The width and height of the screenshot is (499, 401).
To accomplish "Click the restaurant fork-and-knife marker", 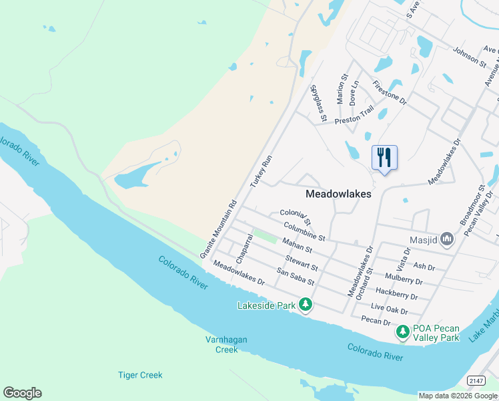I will tap(384, 158).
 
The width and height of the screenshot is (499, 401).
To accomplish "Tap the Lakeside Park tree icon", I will tap(306, 305).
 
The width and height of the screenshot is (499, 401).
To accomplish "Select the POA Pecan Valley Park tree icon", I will tap(403, 331).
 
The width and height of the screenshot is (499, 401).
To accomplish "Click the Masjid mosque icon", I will tap(447, 239).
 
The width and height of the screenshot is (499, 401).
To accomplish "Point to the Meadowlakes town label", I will tap(338, 193).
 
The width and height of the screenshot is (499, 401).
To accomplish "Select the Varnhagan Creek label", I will tap(226, 344).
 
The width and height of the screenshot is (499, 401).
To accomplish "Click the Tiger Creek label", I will tap(140, 375).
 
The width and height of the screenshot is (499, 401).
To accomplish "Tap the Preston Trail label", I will tap(354, 116).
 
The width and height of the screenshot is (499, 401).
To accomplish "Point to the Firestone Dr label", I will tap(390, 92).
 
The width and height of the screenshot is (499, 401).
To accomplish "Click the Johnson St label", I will tap(470, 56).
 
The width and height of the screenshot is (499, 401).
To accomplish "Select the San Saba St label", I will tap(296, 277).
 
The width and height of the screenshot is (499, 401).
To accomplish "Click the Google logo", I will tap(22, 393).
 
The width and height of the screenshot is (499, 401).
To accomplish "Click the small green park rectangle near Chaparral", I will tap(266, 236).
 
